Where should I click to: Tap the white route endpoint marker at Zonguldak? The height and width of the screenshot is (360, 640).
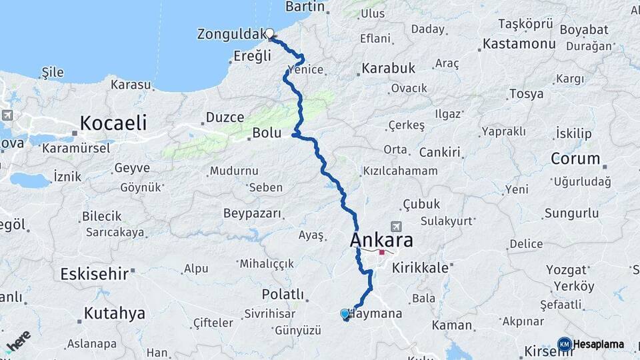tap(270, 33)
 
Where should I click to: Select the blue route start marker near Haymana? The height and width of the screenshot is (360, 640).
tap(345, 313)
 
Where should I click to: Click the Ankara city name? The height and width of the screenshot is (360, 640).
tap(381, 240)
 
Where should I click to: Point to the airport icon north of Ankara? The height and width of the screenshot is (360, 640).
tap(398, 226)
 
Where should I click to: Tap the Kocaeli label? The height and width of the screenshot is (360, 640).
tap(113, 123)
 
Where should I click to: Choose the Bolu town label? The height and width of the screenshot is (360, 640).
tap(265, 133)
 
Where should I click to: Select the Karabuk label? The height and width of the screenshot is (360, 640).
tap(389, 68)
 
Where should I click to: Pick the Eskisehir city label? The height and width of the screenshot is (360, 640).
tap(93, 273)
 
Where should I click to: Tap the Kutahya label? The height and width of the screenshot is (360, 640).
tap(114, 313)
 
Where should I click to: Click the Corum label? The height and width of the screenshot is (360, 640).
tap(575, 159)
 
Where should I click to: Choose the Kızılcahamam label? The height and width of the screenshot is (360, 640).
tap(400, 171)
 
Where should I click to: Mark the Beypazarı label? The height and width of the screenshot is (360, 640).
tap(252, 213)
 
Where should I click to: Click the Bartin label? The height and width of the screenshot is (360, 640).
tap(305, 7)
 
